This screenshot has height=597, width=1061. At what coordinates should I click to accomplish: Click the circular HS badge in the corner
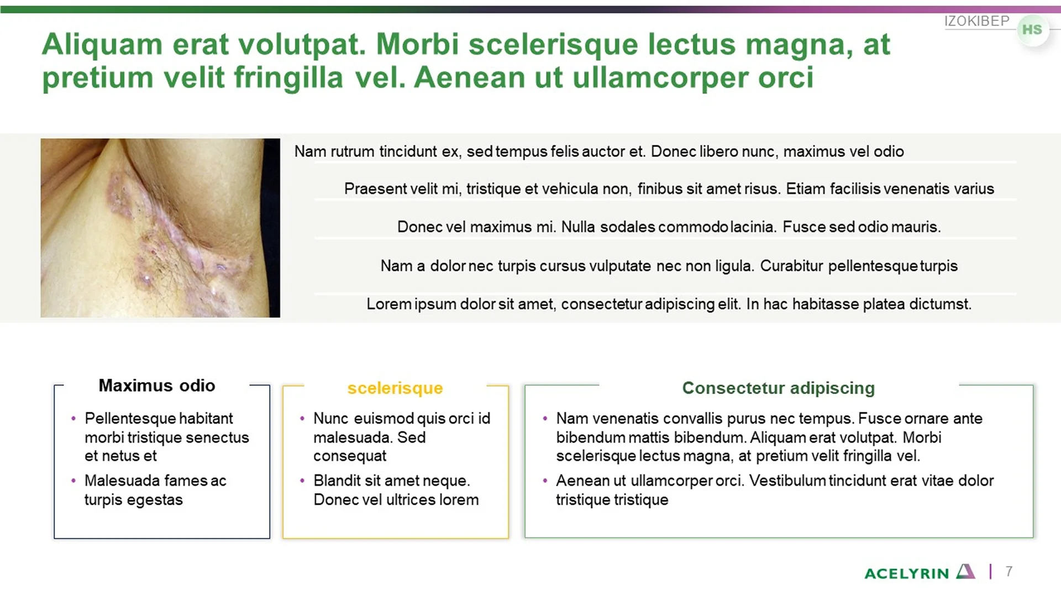click(1032, 30)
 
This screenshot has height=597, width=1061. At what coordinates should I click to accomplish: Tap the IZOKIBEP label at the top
click(976, 21)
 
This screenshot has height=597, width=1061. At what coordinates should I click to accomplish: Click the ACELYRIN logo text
click(906, 574)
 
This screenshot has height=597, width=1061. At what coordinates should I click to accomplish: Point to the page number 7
click(1009, 571)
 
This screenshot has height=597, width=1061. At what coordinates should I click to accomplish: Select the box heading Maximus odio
click(157, 385)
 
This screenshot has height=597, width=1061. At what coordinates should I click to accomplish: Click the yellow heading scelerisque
click(395, 388)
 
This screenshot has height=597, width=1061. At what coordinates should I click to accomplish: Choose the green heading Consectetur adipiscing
click(778, 388)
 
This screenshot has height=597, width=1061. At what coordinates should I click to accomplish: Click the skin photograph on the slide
click(160, 228)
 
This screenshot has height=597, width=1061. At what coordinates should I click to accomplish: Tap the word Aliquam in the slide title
click(102, 44)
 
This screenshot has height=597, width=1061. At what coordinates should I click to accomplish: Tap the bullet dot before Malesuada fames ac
click(73, 481)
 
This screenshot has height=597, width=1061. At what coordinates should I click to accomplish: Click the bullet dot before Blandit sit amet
click(302, 481)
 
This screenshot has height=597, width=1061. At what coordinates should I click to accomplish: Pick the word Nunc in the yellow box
click(330, 418)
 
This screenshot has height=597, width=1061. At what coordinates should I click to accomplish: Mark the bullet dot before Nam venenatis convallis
click(545, 418)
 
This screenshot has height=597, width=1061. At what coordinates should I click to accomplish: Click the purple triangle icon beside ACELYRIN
click(965, 571)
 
